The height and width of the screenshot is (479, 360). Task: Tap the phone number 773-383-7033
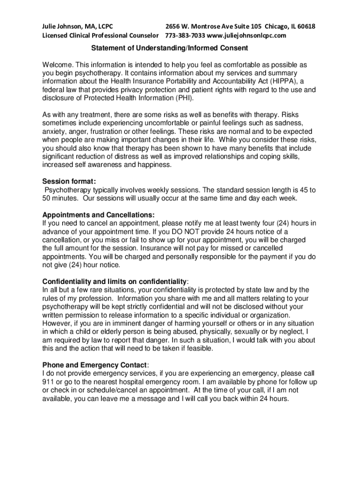(x=185, y=36)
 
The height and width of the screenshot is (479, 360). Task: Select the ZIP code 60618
(x=305, y=26)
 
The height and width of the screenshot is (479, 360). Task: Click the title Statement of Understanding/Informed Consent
(x=169, y=48)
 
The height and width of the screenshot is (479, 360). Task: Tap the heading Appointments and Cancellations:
(x=98, y=215)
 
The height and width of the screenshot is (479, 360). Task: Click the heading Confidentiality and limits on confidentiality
(x=115, y=282)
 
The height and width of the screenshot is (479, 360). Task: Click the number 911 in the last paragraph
(x=48, y=382)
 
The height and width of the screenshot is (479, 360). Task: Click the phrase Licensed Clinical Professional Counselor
(x=101, y=36)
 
